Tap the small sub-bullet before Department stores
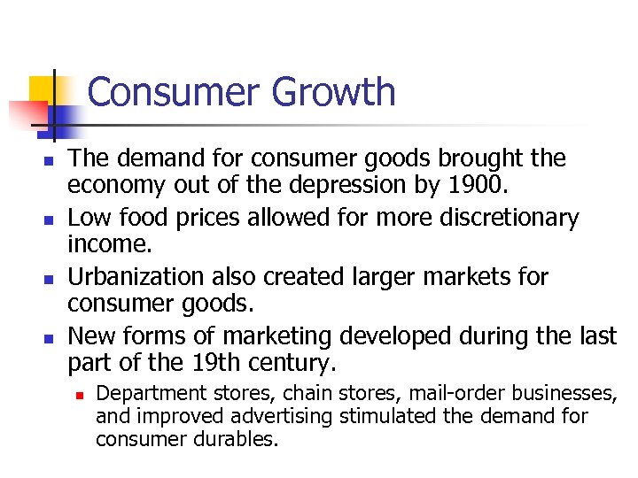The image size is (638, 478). pyautogui.click(x=78, y=394)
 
